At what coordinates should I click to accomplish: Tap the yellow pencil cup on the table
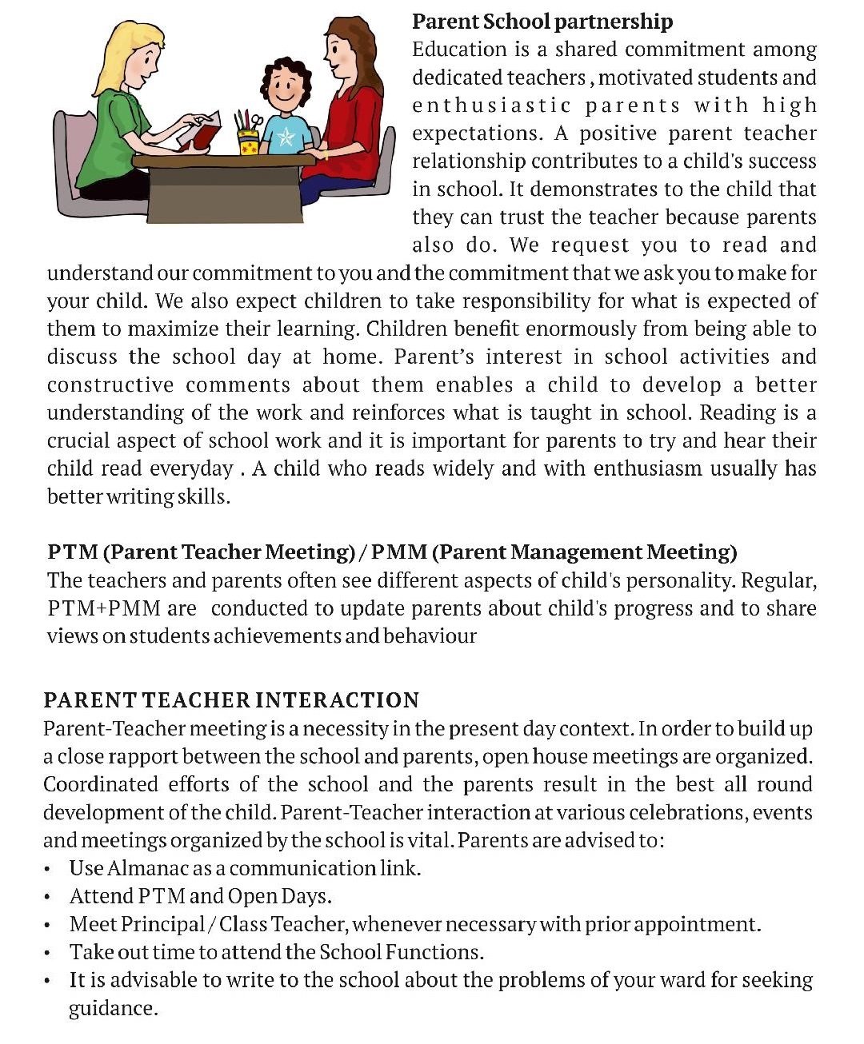pyautogui.click(x=249, y=142)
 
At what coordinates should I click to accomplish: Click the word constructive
pyautogui.click(x=110, y=385)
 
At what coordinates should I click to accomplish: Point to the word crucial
pyautogui.click(x=78, y=441)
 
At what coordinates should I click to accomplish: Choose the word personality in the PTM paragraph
pyautogui.click(x=692, y=580)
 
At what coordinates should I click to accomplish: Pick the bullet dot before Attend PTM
pyautogui.click(x=49, y=898)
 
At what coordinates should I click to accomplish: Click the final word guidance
pyautogui.click(x=113, y=1009)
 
